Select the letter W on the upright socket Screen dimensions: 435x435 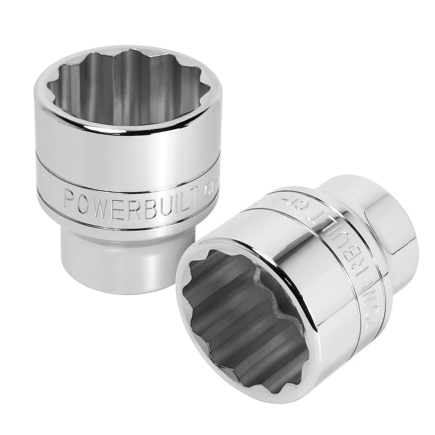point(101,201)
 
